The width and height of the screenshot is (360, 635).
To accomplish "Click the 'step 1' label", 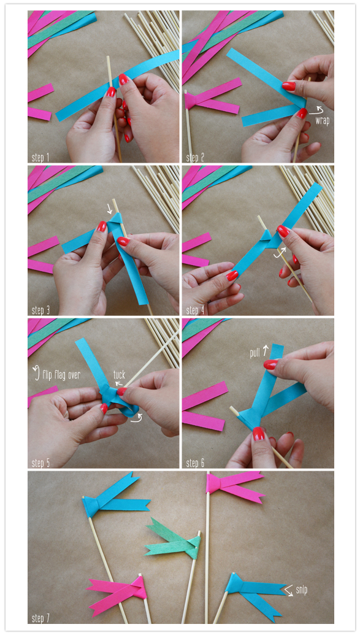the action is click(x=40, y=158).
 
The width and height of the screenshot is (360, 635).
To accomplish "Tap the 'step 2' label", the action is click(x=195, y=158).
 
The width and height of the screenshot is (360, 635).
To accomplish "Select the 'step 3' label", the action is click(x=40, y=310).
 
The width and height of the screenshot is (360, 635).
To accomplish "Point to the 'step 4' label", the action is click(x=195, y=310).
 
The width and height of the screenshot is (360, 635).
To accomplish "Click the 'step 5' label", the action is click(x=40, y=463).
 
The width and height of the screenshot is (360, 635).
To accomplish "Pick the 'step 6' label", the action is click(x=195, y=463).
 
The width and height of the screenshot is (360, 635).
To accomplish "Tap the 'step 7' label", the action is click(x=40, y=618).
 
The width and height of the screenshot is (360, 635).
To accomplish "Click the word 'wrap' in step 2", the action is click(x=323, y=121).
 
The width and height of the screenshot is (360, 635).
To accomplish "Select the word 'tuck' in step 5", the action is click(x=119, y=374).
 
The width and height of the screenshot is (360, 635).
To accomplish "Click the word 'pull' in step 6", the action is click(x=255, y=353).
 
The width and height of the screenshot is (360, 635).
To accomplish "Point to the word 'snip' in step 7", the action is click(x=301, y=590).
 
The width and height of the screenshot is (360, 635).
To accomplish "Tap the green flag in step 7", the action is click(x=173, y=538).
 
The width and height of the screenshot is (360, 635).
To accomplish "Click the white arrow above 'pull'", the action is click(x=266, y=348).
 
